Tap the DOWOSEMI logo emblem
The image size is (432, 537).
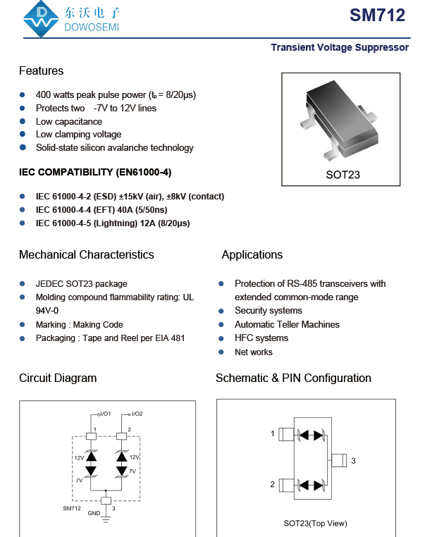[40, 19]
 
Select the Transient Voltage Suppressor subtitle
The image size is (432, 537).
[340, 47]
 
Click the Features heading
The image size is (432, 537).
[41, 70]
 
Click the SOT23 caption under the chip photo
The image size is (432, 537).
[342, 174]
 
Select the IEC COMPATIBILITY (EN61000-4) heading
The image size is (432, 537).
[95, 172]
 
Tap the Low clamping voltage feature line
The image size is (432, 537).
[78, 135]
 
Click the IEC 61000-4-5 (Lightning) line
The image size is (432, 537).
[112, 223]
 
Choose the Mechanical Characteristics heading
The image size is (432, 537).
[86, 254]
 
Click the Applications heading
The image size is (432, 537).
[252, 254]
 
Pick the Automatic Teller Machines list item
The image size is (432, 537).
[287, 325]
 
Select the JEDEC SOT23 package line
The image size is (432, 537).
[81, 284]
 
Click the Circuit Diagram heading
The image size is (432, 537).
[58, 378]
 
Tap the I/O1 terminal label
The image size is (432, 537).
[104, 414]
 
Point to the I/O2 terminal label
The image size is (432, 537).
[137, 414]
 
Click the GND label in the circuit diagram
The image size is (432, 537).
[94, 513]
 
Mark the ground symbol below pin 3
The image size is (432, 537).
[106, 519]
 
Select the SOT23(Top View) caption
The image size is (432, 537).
[315, 523]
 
